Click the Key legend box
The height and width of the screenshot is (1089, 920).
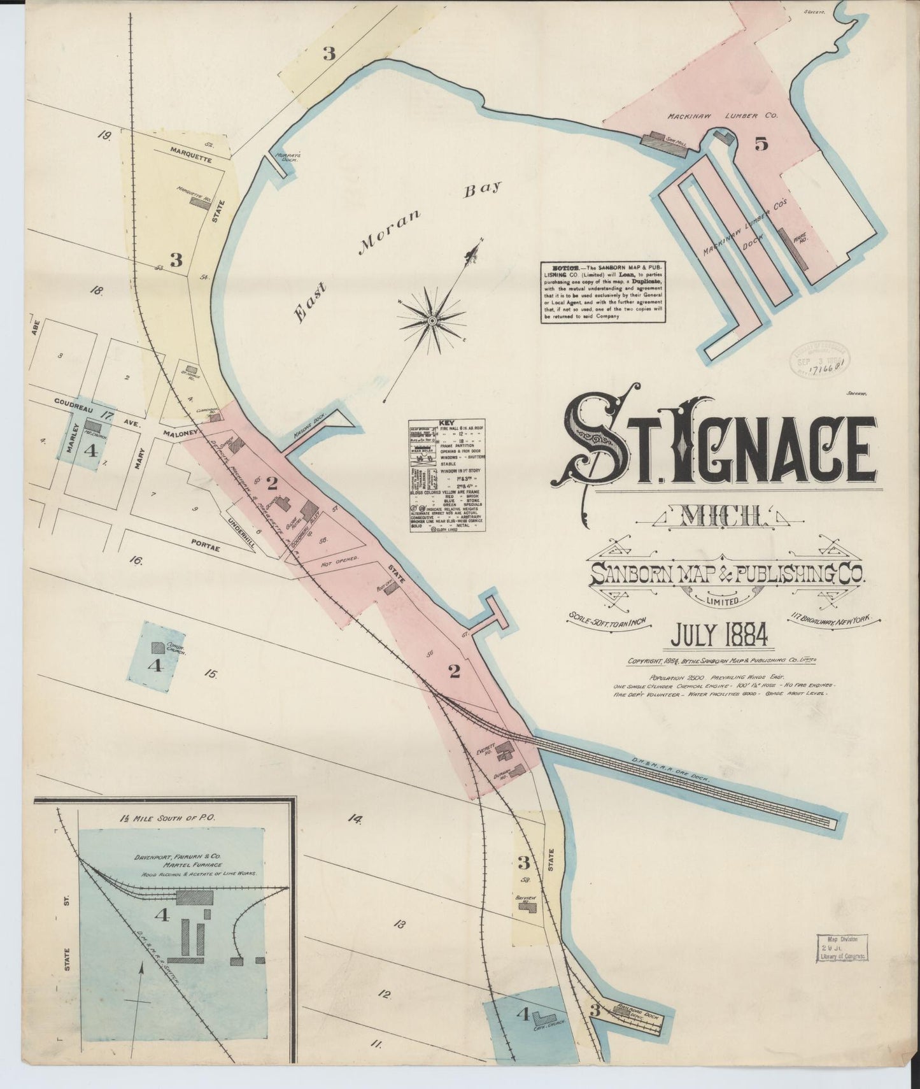point(448,476)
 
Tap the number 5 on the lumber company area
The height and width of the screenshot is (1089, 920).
point(761,144)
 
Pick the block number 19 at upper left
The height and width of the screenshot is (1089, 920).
point(106,134)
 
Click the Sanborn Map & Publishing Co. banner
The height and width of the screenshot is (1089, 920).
point(726,575)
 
